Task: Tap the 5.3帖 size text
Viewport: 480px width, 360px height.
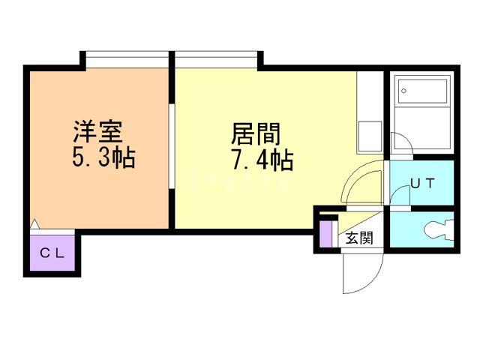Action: pos(97,158)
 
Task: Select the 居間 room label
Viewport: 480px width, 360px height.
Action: pos(256,134)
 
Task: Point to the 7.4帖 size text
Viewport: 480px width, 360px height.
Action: pos(256,160)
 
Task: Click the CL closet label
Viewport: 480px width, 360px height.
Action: pos(52,253)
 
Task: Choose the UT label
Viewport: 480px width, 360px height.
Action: pos(421,183)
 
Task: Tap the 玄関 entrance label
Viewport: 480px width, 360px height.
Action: pos(359,238)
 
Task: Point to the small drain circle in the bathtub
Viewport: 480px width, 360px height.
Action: pos(404,91)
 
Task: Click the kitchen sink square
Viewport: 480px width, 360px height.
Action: pos(370,135)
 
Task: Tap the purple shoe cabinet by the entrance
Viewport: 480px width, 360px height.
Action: pos(325,232)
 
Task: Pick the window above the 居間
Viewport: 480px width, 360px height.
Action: pos(218,59)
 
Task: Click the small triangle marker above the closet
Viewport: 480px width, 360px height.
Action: pos(34,223)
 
